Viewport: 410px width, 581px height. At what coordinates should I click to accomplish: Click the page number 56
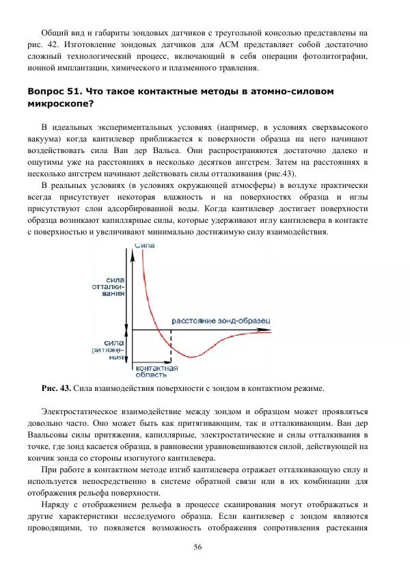(x=198, y=547)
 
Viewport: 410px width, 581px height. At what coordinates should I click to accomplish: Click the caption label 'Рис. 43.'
(x=57, y=389)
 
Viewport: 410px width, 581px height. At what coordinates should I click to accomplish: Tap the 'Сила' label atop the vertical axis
(x=144, y=245)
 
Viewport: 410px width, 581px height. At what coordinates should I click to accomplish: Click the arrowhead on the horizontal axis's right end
(x=281, y=331)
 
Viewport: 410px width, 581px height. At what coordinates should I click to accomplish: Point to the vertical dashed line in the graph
(x=170, y=345)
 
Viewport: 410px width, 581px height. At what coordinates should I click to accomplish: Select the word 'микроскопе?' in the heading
(x=60, y=105)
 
